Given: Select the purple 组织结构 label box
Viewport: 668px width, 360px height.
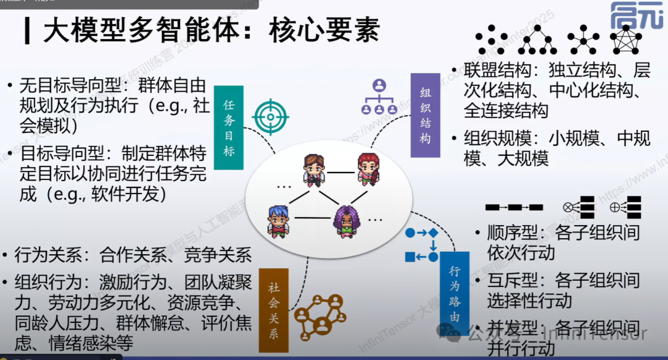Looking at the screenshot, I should [425, 115].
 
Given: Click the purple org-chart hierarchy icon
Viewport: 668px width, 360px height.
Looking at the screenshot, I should [379, 97].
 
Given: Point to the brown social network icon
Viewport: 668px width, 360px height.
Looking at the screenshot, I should [319, 314].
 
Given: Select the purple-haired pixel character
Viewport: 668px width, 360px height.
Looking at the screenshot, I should [345, 221].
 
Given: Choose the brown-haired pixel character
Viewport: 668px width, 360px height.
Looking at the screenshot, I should [313, 169].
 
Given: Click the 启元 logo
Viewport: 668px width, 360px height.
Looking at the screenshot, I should [635, 16].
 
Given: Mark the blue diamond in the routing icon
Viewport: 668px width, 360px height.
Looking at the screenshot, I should [434, 233].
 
